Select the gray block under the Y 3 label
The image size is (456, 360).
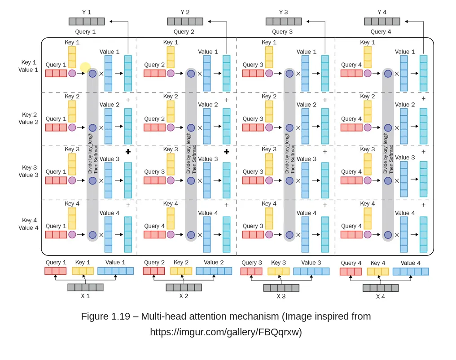(x=283, y=22)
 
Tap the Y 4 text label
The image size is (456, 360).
(x=381, y=13)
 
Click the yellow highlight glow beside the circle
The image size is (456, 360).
(x=85, y=68)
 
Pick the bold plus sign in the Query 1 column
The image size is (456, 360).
(x=128, y=152)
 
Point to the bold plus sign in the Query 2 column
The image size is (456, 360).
(x=226, y=152)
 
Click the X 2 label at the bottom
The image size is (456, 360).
(x=184, y=296)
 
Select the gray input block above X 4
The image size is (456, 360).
(x=381, y=288)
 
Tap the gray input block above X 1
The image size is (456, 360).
(x=85, y=287)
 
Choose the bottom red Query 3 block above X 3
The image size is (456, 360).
(x=251, y=271)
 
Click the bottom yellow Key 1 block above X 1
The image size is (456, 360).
(x=83, y=271)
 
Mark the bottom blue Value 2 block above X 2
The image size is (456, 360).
(x=214, y=271)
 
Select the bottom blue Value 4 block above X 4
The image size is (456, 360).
(x=411, y=272)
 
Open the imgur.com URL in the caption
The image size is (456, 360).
(x=226, y=332)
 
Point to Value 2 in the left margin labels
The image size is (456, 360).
(x=28, y=122)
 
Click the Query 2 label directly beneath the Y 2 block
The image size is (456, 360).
(x=184, y=32)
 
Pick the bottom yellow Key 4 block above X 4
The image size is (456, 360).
(x=378, y=272)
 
